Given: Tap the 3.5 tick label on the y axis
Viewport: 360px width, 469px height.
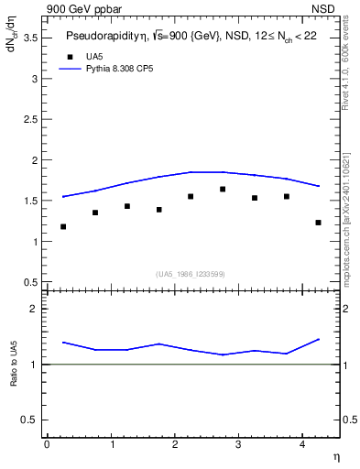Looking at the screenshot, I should coord(29,38).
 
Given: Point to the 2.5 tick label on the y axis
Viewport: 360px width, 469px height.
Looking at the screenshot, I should coord(29,119).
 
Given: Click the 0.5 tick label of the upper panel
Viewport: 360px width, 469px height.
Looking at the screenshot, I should coord(29,282).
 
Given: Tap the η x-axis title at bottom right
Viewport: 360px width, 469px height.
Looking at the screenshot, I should coord(335,456).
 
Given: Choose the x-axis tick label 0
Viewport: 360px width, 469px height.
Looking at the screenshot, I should coord(47,444).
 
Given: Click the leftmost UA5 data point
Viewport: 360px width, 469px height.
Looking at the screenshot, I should coord(63,226).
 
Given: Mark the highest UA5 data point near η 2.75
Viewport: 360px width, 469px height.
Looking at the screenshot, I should coord(223,189).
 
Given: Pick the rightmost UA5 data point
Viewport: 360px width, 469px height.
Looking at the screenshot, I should coord(318,223).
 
